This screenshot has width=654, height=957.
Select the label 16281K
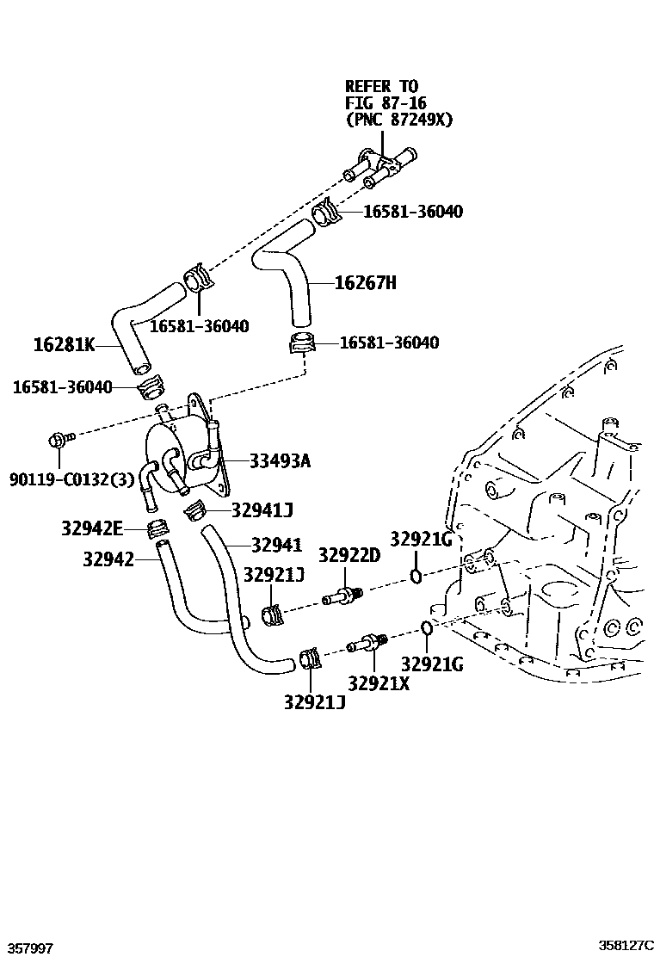[64, 345]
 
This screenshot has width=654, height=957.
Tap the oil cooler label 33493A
[280, 461]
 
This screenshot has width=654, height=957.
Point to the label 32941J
[262, 510]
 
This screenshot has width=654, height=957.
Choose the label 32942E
[92, 528]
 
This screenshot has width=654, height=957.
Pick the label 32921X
[379, 683]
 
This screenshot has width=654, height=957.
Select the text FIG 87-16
[384, 103]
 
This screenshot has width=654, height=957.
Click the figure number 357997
[29, 948]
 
